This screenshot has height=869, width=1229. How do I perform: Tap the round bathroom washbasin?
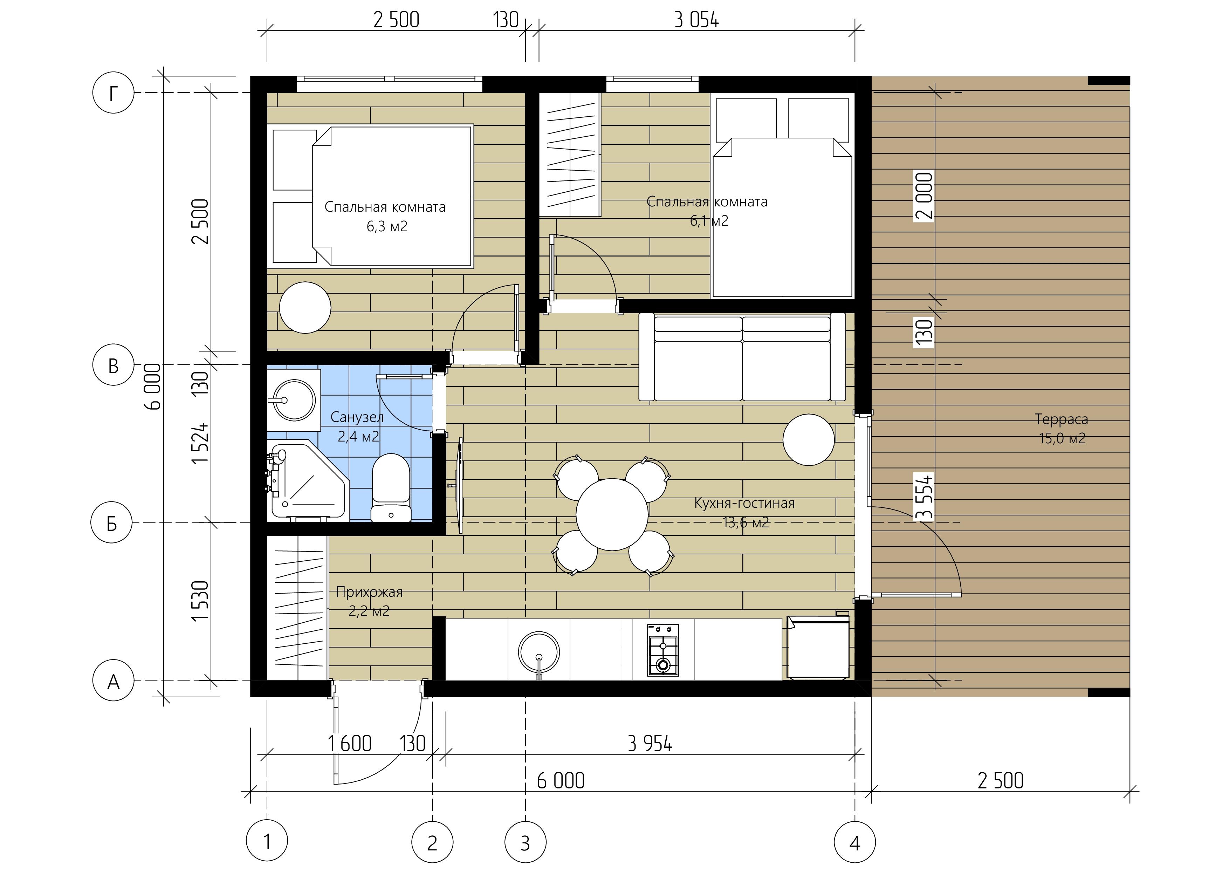tap(294, 399)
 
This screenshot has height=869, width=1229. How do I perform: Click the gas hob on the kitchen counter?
tap(663, 650)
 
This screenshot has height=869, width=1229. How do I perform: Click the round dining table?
tap(612, 514)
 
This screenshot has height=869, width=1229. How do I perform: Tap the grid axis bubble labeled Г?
tap(113, 93)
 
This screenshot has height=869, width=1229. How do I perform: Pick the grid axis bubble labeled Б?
tap(112, 522)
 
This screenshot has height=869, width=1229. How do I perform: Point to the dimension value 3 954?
tap(650, 744)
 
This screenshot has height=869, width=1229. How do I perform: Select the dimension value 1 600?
tap(350, 744)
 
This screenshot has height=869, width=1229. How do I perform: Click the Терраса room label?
tap(1062, 419)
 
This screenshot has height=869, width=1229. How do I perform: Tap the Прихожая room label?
tap(369, 592)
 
